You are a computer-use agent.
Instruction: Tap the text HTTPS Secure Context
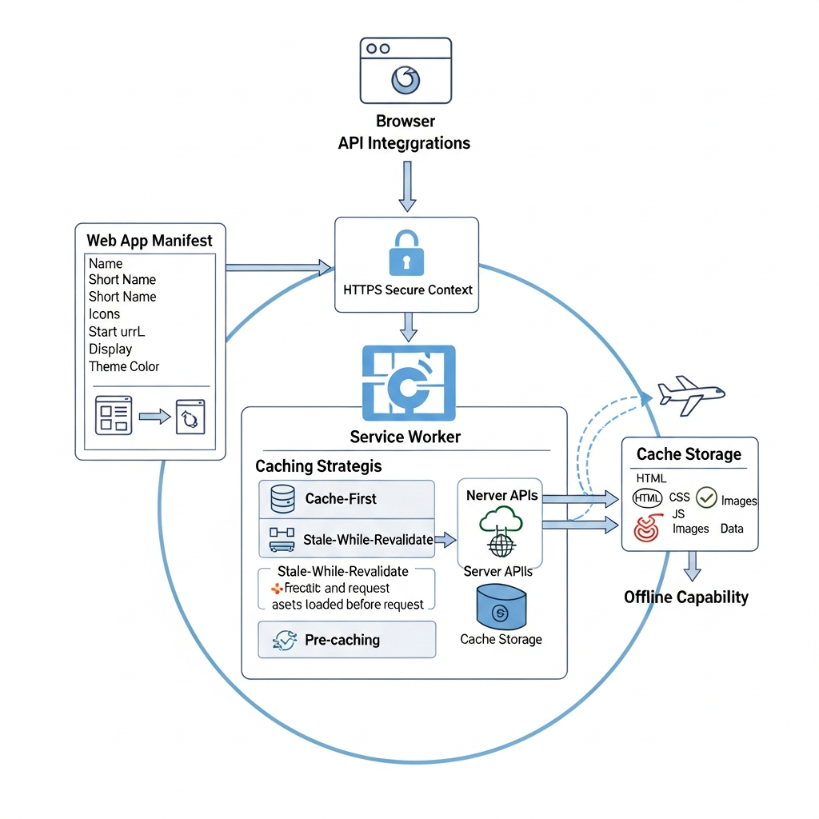[407, 290]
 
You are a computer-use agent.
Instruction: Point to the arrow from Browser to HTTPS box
[407, 186]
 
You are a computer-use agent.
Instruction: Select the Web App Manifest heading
[150, 239]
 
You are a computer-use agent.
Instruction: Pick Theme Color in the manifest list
[124, 366]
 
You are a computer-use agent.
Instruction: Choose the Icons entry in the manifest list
[105, 314]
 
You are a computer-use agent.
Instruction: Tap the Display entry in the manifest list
[110, 349]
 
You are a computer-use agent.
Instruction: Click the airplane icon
[690, 394]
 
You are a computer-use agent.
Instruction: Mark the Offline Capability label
[685, 597]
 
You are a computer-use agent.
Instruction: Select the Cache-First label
[340, 499]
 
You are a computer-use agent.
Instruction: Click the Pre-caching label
[342, 640]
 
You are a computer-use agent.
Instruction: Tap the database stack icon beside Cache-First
[283, 499]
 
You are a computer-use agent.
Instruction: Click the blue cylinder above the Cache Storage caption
[501, 605]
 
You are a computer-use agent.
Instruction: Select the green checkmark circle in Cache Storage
[706, 497]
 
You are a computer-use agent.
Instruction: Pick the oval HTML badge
[647, 497]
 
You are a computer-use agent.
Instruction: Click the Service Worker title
[406, 437]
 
